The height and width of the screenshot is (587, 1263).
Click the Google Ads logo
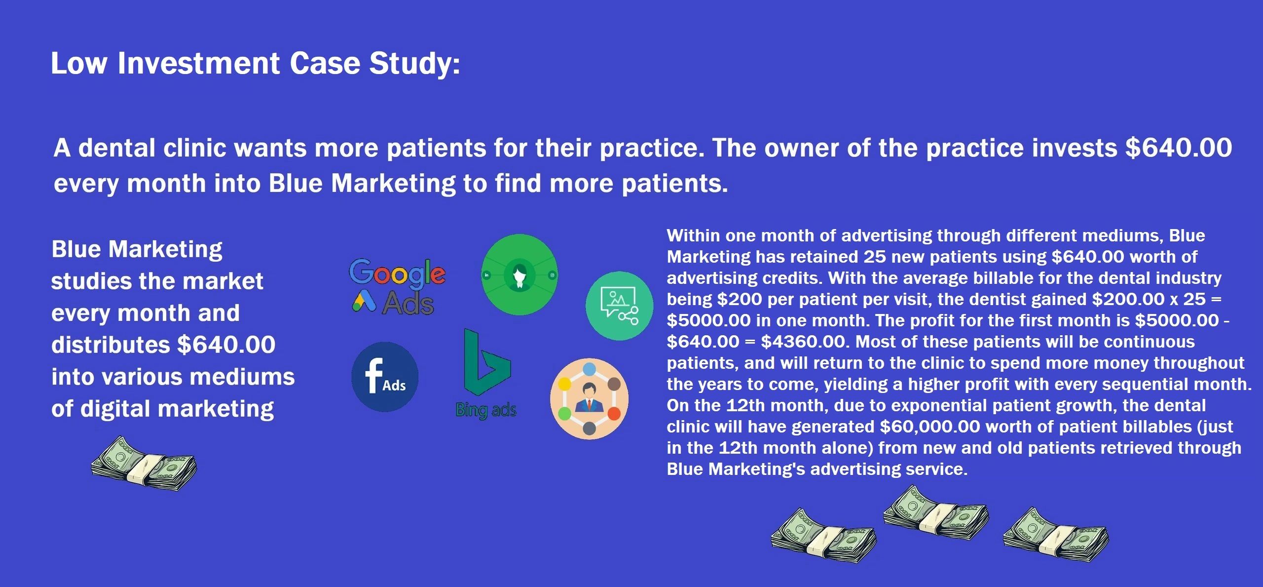click(398, 286)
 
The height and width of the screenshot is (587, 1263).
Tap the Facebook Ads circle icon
click(385, 377)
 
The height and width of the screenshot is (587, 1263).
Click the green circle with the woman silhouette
click(520, 274)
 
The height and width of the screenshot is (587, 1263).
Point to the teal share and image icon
click(619, 306)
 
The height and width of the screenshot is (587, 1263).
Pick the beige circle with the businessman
click(590, 398)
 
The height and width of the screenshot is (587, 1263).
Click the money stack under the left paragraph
click(144, 463)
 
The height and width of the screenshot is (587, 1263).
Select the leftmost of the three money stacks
click(823, 536)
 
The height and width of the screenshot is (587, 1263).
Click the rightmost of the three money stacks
click(1056, 535)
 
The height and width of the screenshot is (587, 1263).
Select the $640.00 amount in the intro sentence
click(1179, 148)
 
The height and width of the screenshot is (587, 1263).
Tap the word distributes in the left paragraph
click(111, 345)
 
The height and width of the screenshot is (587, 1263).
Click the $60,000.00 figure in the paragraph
click(930, 427)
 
